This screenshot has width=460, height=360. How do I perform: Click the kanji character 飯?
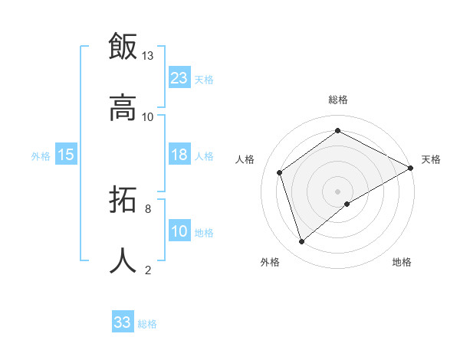coord(123,46)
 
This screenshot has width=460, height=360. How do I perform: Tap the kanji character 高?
coord(123,107)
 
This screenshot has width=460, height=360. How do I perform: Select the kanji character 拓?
coord(123,201)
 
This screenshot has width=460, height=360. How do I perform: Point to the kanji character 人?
coord(123,260)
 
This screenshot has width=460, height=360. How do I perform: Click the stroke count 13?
coord(148,56)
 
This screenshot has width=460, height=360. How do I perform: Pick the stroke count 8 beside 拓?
coord(148,208)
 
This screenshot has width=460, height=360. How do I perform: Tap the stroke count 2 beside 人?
coord(148,269)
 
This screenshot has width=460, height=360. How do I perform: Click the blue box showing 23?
coord(179,78)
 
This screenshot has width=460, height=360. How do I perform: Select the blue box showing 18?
coord(179,155)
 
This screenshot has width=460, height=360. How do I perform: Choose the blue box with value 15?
coord(65,155)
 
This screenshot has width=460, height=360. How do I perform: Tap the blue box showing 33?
coord(123,322)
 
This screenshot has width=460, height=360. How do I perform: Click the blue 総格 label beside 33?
coord(147,324)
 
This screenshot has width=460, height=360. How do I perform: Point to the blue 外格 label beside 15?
coord(41,156)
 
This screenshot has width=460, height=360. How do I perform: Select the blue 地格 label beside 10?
coord(204,233)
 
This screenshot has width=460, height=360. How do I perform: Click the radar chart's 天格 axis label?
coord(431,159)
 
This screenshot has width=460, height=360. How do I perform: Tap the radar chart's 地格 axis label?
coord(402,263)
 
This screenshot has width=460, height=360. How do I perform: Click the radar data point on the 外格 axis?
coord(302,242)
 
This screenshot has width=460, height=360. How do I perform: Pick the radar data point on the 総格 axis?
coord(337,131)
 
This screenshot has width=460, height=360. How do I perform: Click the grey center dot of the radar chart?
coord(337,191)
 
